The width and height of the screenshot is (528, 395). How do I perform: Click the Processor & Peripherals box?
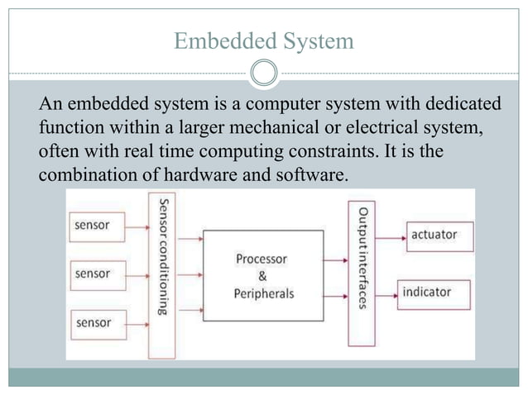tap(262, 276)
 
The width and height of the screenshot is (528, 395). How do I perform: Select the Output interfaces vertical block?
tap(362, 272)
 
